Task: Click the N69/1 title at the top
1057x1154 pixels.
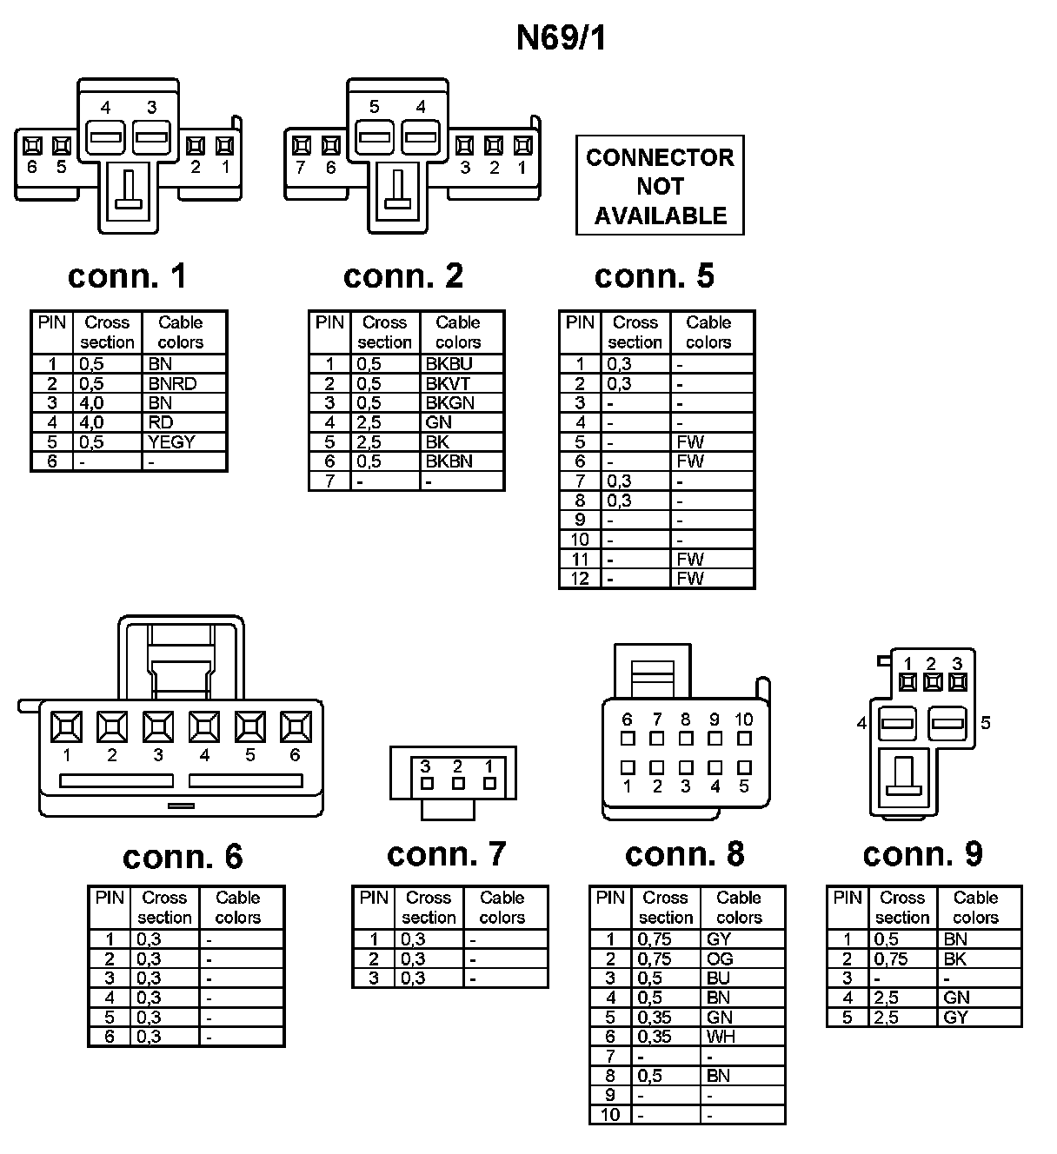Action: pos(561,38)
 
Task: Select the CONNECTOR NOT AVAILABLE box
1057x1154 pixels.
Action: pos(660,185)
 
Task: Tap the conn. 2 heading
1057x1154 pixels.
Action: pos(403,275)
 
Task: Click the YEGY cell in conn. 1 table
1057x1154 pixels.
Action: pos(172,441)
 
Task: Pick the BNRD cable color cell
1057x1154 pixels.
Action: pos(172,383)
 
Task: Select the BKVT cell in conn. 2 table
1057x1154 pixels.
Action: pos(449,383)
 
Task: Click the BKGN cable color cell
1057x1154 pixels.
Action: pos(450,402)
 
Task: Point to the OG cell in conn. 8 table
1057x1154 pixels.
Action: pos(721,958)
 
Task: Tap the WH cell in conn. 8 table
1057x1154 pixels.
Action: pos(721,1036)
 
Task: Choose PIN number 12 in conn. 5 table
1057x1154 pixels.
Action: pos(580,578)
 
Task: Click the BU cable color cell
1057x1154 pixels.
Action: pos(718,978)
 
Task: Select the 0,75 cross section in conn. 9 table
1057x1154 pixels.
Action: pos(890,958)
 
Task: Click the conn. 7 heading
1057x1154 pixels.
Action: pos(446,854)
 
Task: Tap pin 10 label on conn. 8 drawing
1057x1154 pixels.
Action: pos(744,720)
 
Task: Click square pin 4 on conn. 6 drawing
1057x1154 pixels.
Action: pos(204,726)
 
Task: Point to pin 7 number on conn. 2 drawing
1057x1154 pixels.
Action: pos(301,168)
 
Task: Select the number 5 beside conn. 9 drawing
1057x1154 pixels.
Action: pos(986,723)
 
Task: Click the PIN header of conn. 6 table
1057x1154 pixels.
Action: pos(110,898)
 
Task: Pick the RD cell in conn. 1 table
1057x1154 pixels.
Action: pos(161,422)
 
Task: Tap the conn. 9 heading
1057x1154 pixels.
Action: pos(922,854)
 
